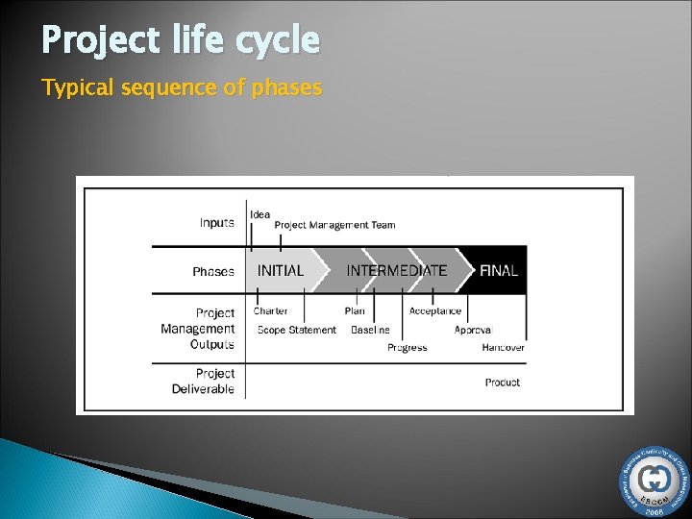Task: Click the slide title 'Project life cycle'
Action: (x=181, y=41)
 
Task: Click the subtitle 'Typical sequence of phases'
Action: (x=182, y=88)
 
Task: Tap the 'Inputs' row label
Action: (x=216, y=223)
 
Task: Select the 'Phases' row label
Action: (x=213, y=272)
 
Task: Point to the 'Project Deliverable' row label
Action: (x=203, y=382)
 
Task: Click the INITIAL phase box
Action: (x=280, y=271)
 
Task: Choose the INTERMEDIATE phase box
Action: (x=396, y=271)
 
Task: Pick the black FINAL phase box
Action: (x=499, y=271)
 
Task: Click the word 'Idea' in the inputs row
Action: (x=259, y=214)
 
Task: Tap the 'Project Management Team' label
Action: (x=334, y=225)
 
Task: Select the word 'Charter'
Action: (x=271, y=311)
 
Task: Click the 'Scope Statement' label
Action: (x=296, y=330)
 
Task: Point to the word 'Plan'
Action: (x=355, y=311)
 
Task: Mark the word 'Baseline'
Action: (x=370, y=330)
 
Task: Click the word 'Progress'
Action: (x=408, y=348)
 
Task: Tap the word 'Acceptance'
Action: (x=435, y=311)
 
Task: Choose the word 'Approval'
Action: (x=473, y=330)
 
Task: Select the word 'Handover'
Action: (x=503, y=348)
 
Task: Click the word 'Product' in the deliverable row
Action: (x=503, y=383)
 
